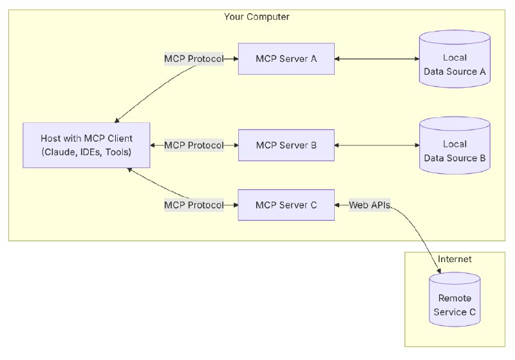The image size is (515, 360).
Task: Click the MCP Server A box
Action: (x=286, y=59)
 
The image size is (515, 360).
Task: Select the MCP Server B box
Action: (x=286, y=146)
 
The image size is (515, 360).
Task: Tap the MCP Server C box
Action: (x=286, y=205)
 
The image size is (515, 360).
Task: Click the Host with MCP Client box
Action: (x=86, y=146)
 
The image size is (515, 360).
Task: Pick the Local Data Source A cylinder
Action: (x=454, y=64)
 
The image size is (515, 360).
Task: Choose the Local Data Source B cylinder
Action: (x=454, y=151)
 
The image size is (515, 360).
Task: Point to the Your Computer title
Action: (x=256, y=16)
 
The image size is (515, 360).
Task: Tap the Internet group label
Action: (x=454, y=259)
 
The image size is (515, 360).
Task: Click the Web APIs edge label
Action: (x=369, y=205)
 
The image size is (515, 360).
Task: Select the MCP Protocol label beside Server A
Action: (x=194, y=59)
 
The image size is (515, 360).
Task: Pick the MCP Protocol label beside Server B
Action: (x=194, y=146)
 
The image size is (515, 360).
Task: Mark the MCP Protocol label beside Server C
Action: (x=194, y=205)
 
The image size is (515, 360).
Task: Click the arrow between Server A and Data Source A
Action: (x=377, y=59)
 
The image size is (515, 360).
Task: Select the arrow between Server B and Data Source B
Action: (x=377, y=146)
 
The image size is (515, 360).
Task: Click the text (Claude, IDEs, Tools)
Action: (x=86, y=152)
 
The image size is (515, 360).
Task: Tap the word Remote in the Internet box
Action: (x=454, y=298)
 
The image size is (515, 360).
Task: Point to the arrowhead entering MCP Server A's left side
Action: (x=235, y=59)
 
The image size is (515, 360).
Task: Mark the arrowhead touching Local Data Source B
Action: (x=415, y=146)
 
